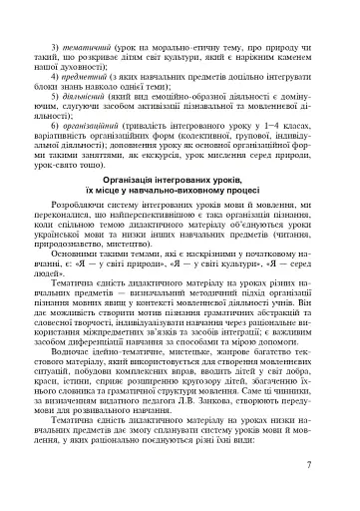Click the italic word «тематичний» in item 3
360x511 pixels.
[x=85, y=49]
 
